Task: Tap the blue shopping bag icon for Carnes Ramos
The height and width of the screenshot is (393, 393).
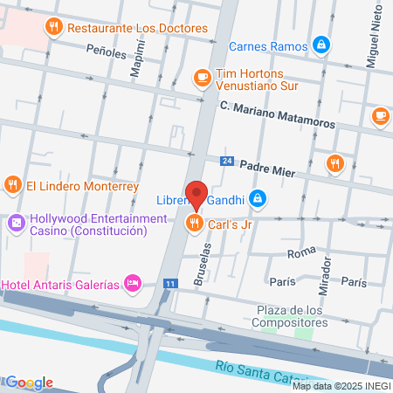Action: point(321,45)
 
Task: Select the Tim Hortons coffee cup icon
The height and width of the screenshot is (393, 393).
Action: point(203,79)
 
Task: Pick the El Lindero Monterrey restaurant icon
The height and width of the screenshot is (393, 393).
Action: point(12,185)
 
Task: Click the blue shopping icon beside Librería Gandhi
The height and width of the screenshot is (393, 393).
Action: point(257,199)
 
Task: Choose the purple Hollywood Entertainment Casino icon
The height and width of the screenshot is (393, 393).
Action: point(15,224)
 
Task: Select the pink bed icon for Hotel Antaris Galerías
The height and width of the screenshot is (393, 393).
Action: point(133,283)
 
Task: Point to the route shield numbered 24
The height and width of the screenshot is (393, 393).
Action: point(227,162)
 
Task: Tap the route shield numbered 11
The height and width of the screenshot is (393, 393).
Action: point(171,284)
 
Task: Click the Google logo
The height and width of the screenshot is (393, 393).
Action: point(29,383)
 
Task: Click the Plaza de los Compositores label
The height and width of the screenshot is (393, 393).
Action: point(292,316)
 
